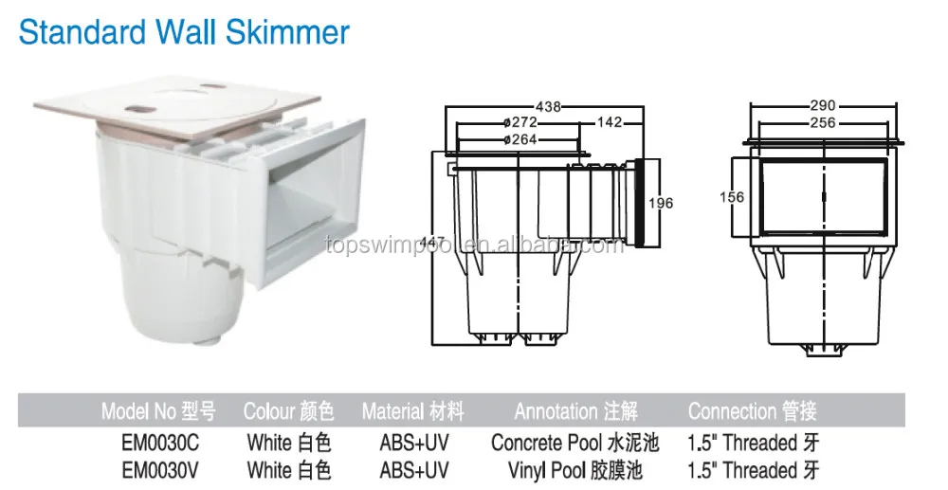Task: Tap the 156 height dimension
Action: click(733, 197)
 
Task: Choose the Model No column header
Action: click(159, 411)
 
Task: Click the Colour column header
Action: click(289, 411)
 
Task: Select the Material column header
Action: click(413, 411)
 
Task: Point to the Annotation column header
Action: click(575, 411)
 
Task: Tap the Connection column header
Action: click(752, 411)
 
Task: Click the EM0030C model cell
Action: click(159, 442)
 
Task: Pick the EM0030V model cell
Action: click(159, 469)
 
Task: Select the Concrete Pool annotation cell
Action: click(574, 442)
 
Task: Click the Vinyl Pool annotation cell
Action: click(574, 469)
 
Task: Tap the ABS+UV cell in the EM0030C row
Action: click(413, 442)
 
